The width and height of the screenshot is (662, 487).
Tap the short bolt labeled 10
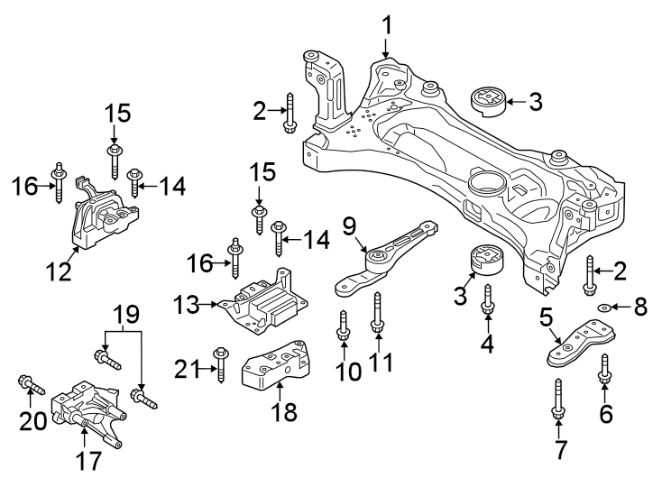(344, 326)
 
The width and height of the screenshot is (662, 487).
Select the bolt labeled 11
(378, 320)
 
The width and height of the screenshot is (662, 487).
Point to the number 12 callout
(60, 270)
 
